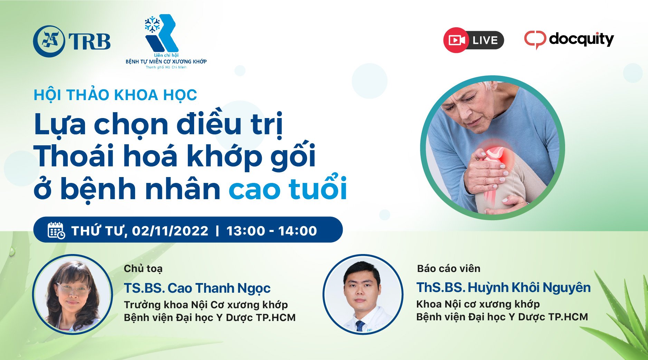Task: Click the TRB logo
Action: (x=72, y=41)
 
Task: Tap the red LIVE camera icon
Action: (x=456, y=40)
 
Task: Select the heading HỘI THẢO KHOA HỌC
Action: (x=115, y=95)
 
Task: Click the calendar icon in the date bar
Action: (x=56, y=230)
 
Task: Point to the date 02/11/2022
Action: (x=170, y=231)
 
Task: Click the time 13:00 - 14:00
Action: (x=271, y=231)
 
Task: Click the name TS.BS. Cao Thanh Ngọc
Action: (x=197, y=288)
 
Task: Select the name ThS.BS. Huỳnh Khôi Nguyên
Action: (x=504, y=288)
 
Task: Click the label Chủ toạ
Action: (x=143, y=269)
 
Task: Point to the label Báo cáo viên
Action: (x=449, y=269)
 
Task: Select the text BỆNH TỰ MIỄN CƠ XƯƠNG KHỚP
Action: (x=166, y=61)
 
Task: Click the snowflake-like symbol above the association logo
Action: (x=152, y=24)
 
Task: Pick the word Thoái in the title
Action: (x=74, y=156)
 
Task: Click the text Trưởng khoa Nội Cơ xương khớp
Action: (x=206, y=305)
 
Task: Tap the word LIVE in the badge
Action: (x=485, y=40)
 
